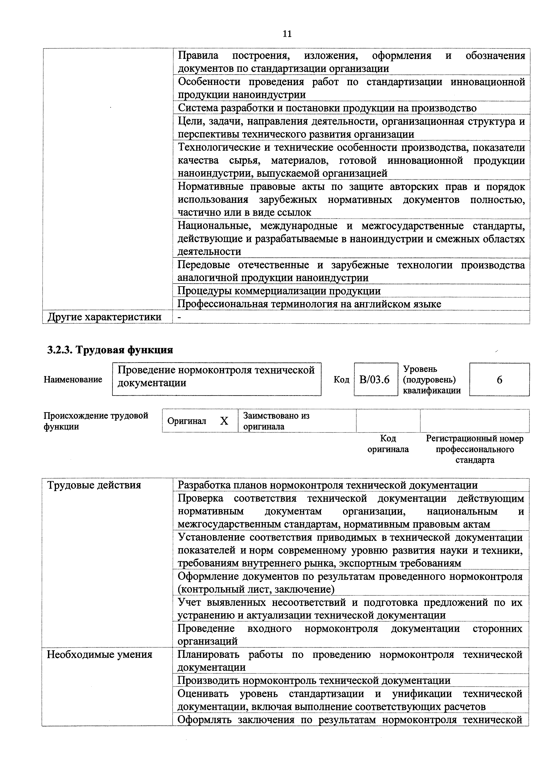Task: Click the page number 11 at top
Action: (x=287, y=34)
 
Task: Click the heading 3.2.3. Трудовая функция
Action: (x=110, y=350)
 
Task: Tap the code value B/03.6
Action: (x=374, y=379)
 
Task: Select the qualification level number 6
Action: (x=499, y=379)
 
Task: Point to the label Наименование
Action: (x=73, y=379)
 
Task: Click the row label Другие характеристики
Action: (x=104, y=317)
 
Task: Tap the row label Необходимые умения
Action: (x=99, y=654)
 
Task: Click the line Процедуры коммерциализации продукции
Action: (x=279, y=291)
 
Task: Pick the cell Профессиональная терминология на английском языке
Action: (x=309, y=304)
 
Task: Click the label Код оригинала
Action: (x=388, y=444)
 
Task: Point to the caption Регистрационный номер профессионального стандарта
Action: (x=475, y=449)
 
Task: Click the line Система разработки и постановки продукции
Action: (x=327, y=108)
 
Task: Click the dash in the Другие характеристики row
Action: (x=180, y=317)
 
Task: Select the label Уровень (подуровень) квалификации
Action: (x=432, y=379)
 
